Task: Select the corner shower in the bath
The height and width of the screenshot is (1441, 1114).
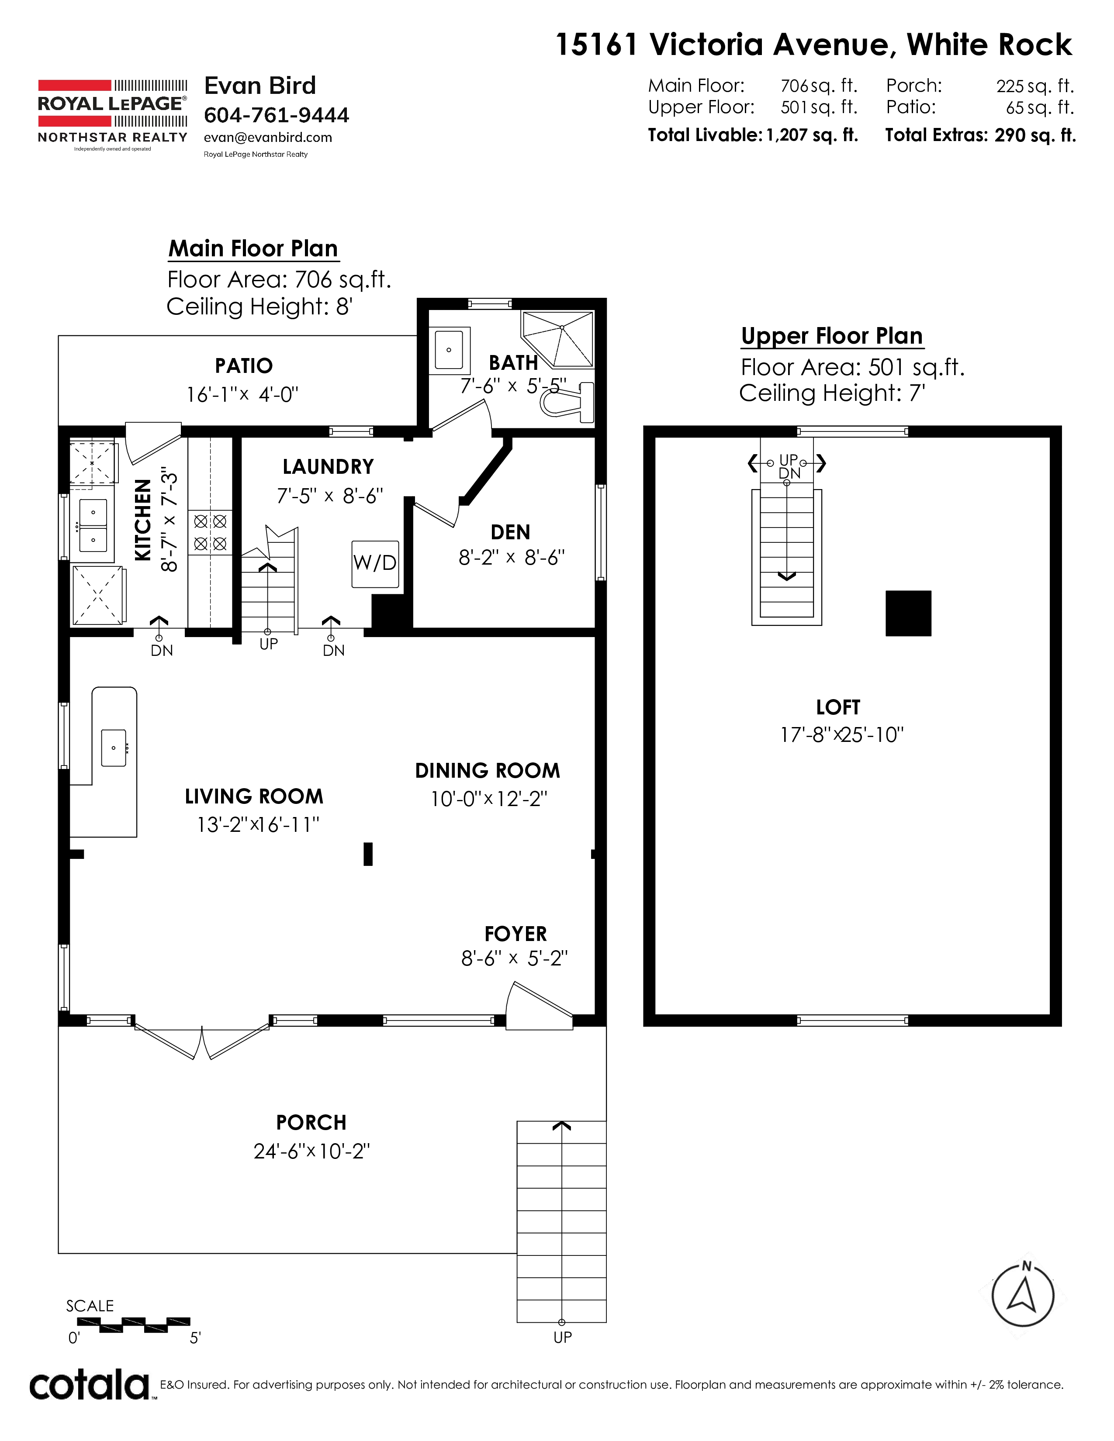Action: click(558, 339)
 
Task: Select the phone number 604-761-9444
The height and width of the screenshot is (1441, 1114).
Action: click(277, 115)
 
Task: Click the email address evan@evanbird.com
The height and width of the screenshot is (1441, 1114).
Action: click(268, 137)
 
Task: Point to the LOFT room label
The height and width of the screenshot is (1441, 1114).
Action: click(838, 707)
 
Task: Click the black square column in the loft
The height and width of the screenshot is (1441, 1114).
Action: click(908, 613)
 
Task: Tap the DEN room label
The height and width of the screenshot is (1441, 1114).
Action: click(510, 532)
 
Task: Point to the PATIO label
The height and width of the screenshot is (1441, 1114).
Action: click(243, 365)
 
